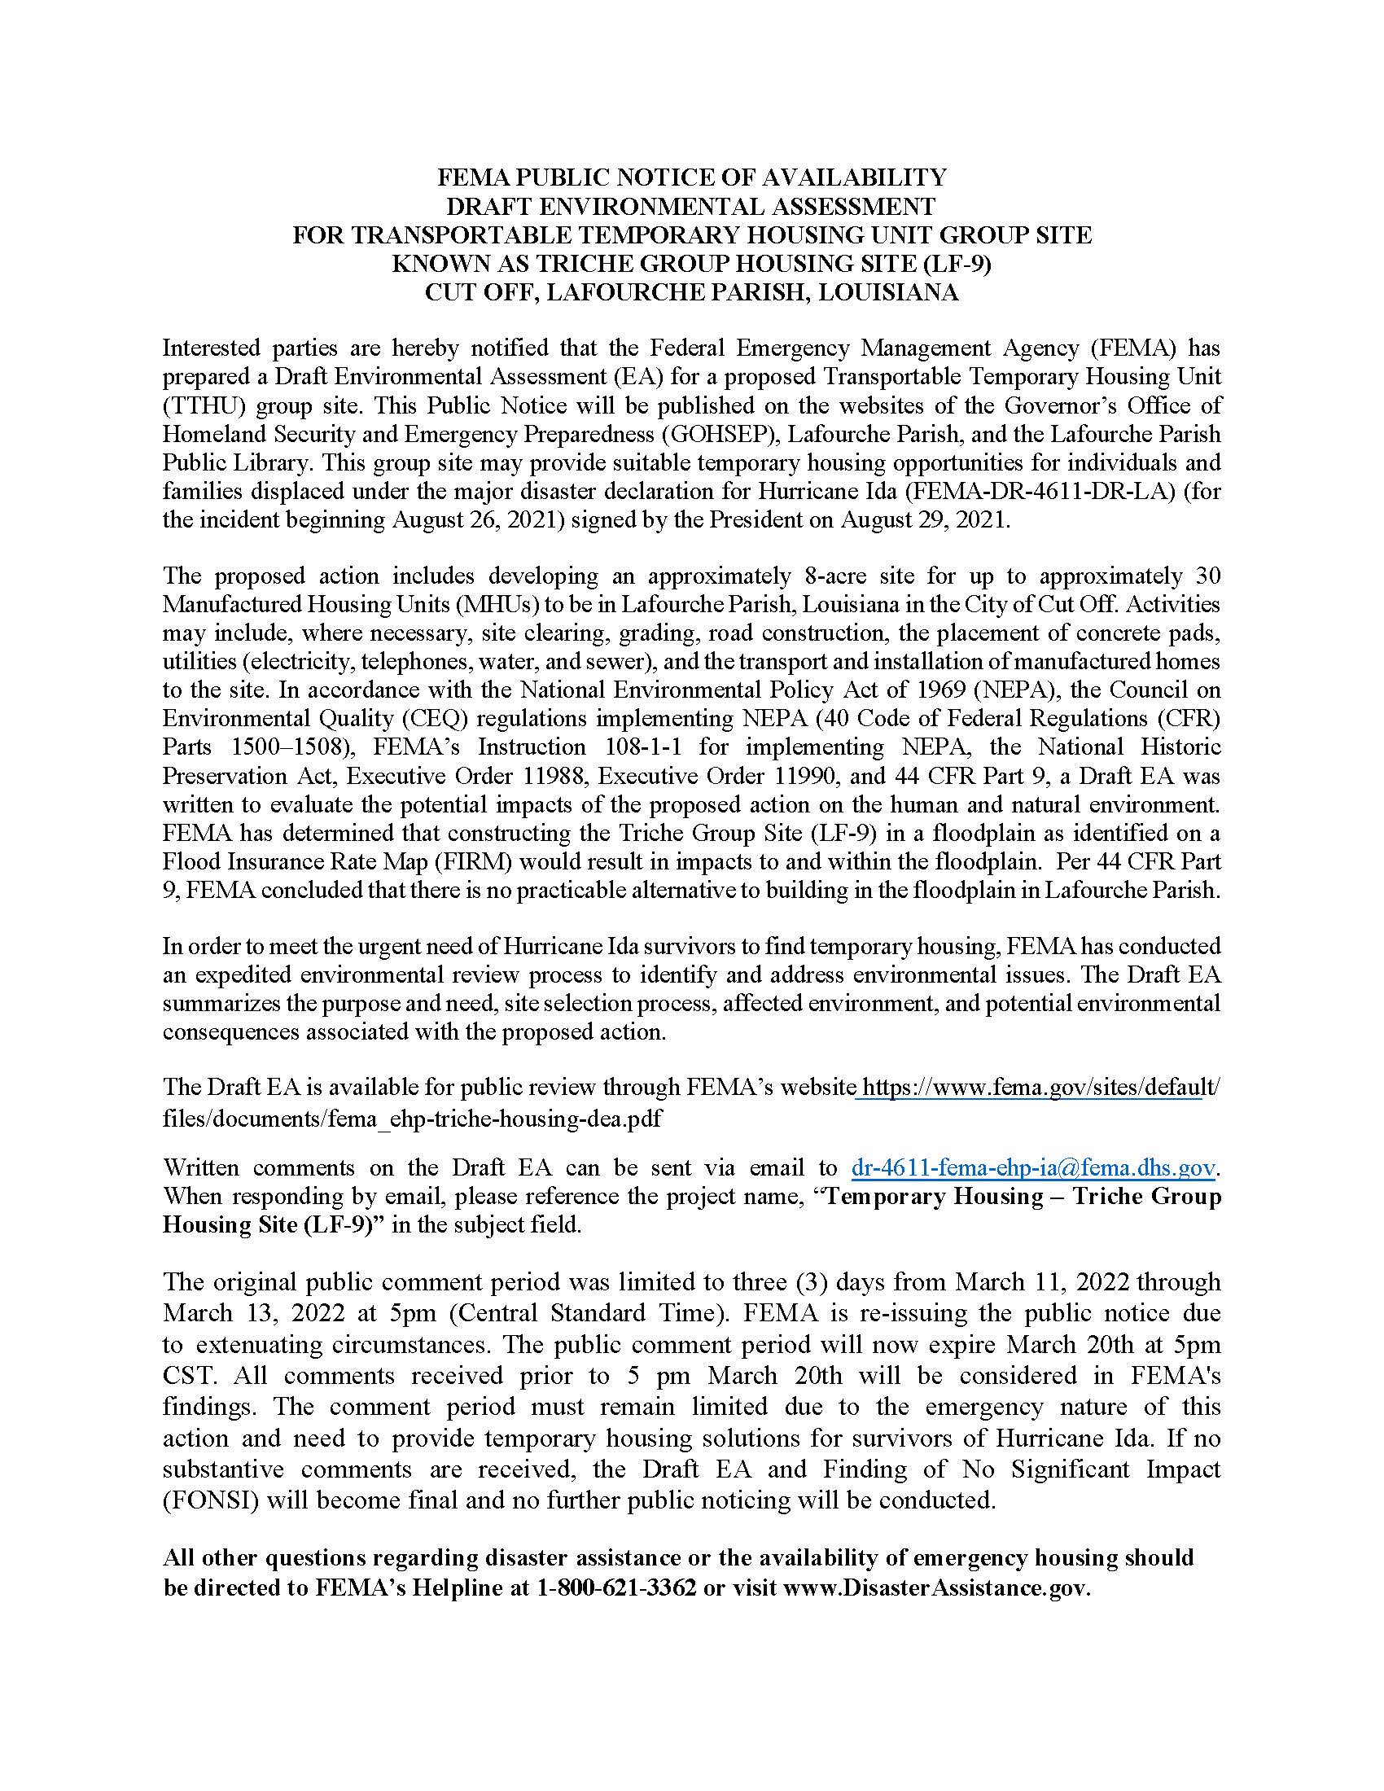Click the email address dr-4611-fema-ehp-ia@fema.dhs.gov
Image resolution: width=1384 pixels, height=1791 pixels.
pos(1033,1167)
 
